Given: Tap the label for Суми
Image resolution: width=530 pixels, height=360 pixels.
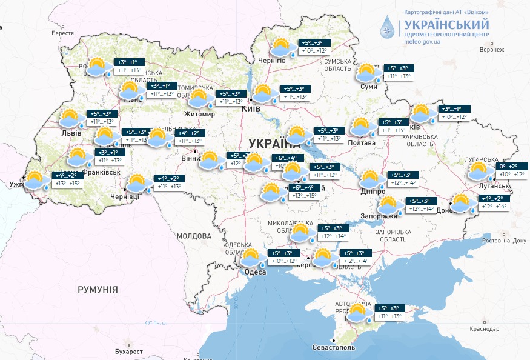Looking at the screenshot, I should coord(368,87).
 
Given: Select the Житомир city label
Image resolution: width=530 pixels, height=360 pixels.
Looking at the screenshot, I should coord(200,114).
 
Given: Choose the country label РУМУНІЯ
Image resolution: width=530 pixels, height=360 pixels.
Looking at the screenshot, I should coord(98,290).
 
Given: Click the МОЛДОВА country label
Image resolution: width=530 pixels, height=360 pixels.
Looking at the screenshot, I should coord(194,235).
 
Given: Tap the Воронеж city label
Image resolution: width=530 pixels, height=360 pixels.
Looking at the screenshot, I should coord(491,50).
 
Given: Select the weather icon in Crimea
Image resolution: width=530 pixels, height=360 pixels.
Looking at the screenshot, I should coord(358,313).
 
